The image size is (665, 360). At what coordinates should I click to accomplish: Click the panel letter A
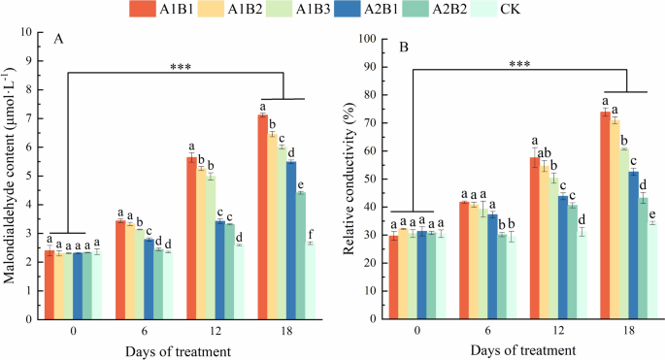coord(59,40)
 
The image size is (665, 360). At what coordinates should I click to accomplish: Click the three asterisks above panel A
coord(179,67)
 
